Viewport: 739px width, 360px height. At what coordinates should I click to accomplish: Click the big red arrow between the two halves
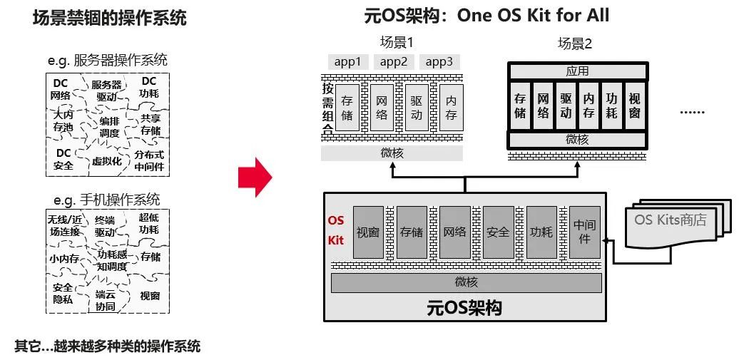click(x=255, y=177)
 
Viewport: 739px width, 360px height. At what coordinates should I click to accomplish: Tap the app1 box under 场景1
click(x=347, y=61)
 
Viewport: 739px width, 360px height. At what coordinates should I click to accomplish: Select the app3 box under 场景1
click(x=439, y=61)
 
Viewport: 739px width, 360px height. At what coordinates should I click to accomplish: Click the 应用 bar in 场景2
click(x=577, y=71)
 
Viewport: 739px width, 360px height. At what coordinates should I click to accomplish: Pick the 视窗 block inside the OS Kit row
click(x=369, y=232)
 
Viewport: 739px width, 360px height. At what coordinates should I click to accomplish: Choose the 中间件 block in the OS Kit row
click(x=585, y=232)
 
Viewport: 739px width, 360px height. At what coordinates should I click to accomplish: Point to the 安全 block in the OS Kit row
click(x=499, y=232)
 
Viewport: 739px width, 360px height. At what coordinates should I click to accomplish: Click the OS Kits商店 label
click(x=671, y=220)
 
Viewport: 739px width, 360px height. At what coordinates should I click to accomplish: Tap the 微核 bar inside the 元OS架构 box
click(x=466, y=283)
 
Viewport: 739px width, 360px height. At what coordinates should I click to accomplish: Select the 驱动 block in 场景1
click(x=417, y=107)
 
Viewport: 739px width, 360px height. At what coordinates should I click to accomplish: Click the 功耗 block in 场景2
click(x=611, y=106)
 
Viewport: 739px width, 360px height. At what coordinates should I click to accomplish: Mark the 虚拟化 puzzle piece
click(x=107, y=161)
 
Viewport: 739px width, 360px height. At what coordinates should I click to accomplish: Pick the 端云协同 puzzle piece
click(x=106, y=300)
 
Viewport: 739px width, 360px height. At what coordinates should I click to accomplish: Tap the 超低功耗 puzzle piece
click(x=149, y=223)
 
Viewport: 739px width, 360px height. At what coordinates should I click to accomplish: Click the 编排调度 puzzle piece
click(x=109, y=127)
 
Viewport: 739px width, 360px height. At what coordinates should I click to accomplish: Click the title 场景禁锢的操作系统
click(x=109, y=18)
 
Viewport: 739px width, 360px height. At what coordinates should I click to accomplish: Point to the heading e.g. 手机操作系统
click(x=107, y=199)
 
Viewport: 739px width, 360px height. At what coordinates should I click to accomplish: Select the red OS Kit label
click(x=336, y=230)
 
